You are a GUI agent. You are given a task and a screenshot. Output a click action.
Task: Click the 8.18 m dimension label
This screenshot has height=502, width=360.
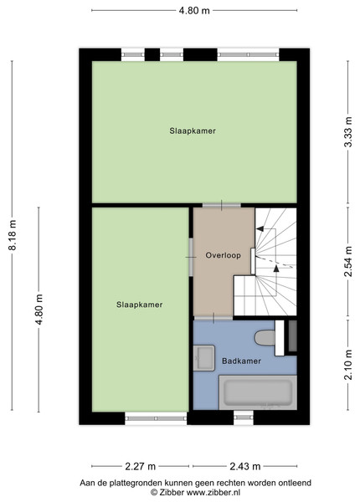click(x=13, y=235)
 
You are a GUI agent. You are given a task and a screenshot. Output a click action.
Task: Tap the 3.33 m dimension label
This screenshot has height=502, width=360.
click(x=347, y=132)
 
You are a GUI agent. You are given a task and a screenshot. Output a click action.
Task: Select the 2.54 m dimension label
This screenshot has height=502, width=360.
click(x=347, y=262)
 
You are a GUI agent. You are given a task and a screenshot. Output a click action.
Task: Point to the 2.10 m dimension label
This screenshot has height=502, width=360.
click(x=347, y=365)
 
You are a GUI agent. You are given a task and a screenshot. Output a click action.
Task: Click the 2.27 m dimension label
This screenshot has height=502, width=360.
click(x=141, y=467)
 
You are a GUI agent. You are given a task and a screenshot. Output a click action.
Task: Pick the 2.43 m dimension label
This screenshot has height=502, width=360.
click(x=245, y=467)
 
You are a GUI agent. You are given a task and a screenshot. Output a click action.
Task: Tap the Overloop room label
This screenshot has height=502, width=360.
click(x=224, y=255)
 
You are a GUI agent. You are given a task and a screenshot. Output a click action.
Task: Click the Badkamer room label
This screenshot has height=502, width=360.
click(x=241, y=361)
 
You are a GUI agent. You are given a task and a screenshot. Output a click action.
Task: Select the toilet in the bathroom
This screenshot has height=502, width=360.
click(x=265, y=338)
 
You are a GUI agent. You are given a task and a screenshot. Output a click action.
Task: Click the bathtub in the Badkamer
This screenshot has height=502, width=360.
click(x=258, y=392)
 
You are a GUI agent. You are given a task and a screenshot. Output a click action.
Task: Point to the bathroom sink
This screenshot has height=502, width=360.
click(x=204, y=358)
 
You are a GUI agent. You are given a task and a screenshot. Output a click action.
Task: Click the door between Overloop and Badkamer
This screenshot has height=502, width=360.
click(x=213, y=318)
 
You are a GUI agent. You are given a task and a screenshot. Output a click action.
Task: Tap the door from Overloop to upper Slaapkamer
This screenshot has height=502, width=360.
click(x=222, y=205)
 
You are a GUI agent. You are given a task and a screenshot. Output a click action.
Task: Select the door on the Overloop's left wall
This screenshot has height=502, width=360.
click(x=191, y=257)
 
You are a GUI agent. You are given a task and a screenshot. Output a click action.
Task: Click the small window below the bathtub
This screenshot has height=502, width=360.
click(x=244, y=417)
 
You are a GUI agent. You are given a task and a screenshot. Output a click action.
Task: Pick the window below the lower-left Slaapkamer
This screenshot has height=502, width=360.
click(x=156, y=418)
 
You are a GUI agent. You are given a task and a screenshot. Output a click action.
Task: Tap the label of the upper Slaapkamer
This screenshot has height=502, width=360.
click(x=193, y=131)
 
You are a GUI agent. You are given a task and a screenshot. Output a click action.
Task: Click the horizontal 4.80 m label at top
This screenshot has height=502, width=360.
click(x=194, y=11)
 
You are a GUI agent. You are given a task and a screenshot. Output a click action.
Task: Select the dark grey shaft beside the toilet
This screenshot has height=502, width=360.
click(x=293, y=336)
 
